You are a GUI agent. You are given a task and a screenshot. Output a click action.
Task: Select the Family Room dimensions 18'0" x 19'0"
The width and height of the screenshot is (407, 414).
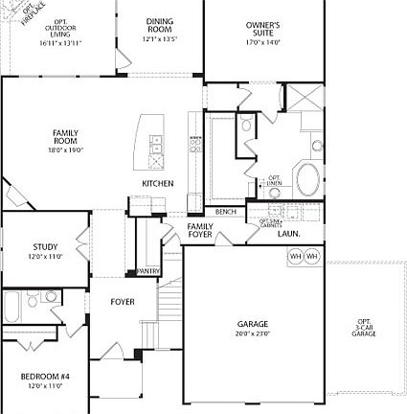[x=67, y=149]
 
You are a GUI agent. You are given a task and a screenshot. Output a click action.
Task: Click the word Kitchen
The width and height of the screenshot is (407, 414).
[x=158, y=183]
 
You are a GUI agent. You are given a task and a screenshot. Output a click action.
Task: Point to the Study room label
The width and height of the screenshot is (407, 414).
[x=45, y=247]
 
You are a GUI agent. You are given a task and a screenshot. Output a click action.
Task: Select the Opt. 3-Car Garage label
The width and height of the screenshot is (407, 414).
[x=364, y=327]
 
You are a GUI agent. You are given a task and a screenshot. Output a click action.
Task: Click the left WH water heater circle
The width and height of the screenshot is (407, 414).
[x=295, y=257]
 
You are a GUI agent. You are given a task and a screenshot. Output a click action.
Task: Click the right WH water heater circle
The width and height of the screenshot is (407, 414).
[x=310, y=257]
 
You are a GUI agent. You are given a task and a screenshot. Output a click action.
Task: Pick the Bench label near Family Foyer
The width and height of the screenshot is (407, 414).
[x=226, y=211]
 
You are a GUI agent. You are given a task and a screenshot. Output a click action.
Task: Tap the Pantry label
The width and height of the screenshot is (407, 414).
[x=148, y=271]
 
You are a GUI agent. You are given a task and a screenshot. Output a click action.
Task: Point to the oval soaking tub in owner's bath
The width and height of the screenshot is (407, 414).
[x=309, y=179]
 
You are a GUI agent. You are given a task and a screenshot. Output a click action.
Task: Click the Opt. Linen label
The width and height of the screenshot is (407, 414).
[x=275, y=179]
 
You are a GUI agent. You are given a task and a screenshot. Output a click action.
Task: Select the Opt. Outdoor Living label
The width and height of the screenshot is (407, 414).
[x=59, y=32]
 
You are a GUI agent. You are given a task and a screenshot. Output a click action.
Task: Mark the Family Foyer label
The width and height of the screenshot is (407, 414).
[x=200, y=230]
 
